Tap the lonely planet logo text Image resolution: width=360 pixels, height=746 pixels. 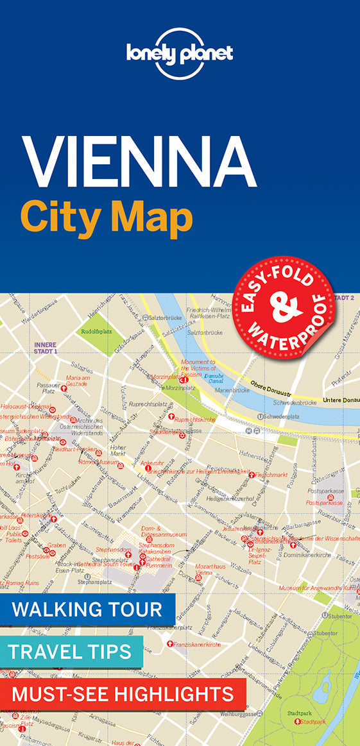click(180, 53)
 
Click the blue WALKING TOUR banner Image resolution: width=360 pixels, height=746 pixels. click(88, 609)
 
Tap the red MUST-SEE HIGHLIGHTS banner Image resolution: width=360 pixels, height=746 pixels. click(123, 693)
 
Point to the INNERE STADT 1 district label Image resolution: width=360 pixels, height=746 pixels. click(46, 348)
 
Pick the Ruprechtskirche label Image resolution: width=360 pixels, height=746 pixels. click(195, 420)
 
